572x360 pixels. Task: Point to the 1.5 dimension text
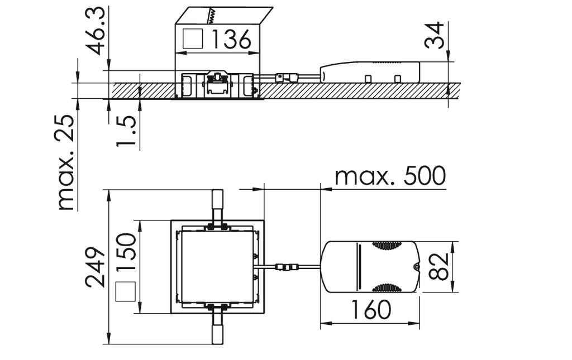click(x=126, y=132)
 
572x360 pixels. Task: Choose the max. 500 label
click(x=390, y=176)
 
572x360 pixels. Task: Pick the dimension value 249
click(x=96, y=267)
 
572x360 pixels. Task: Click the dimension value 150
click(x=126, y=252)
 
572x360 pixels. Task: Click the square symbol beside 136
click(x=193, y=39)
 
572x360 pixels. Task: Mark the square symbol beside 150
click(x=125, y=292)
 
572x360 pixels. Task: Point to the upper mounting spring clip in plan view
click(x=217, y=208)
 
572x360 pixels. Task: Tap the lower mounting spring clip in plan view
click(x=217, y=327)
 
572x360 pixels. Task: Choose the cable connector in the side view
click(x=288, y=77)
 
